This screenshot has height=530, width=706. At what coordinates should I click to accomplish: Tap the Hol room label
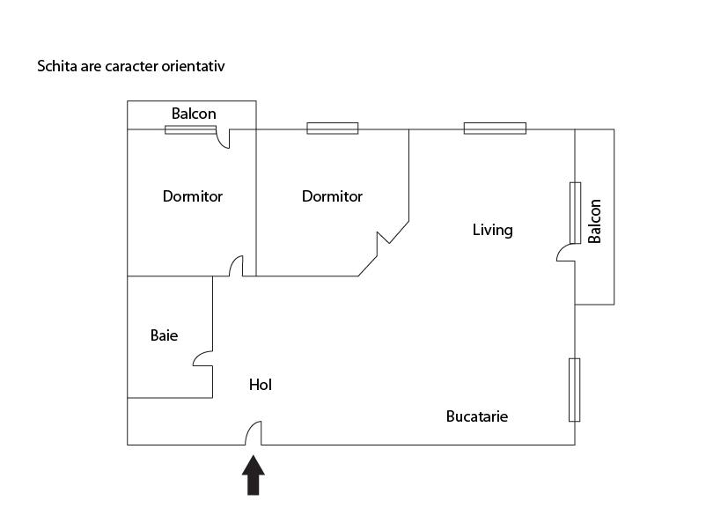coord(260,385)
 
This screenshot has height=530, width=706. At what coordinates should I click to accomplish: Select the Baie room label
coord(164,335)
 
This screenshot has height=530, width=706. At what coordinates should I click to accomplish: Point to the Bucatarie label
coord(477,416)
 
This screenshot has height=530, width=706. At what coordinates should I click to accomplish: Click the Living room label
coord(492,231)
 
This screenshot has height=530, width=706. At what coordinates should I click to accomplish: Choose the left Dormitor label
coord(193,196)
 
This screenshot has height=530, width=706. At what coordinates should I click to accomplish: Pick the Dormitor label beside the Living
coord(332,196)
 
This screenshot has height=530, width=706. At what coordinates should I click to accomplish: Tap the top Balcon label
coord(194,114)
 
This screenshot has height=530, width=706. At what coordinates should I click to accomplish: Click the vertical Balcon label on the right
coord(595,221)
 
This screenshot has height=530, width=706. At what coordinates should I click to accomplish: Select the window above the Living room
coord(495,129)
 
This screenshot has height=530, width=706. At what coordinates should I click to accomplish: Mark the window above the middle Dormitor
coord(332,129)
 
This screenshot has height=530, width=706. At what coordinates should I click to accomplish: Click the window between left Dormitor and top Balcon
coord(190,129)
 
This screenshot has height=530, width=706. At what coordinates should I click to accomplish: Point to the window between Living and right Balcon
coord(575,212)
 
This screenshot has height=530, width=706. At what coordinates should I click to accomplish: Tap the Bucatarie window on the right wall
coord(575,389)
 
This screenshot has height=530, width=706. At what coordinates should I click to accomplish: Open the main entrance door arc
coord(254,432)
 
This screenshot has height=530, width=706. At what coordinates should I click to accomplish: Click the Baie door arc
coord(202,358)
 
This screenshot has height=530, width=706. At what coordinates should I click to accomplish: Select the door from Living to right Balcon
coord(566,254)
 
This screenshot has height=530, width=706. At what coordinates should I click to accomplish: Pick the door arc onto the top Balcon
coord(224,138)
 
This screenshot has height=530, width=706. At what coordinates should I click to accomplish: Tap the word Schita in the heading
coord(55,66)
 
